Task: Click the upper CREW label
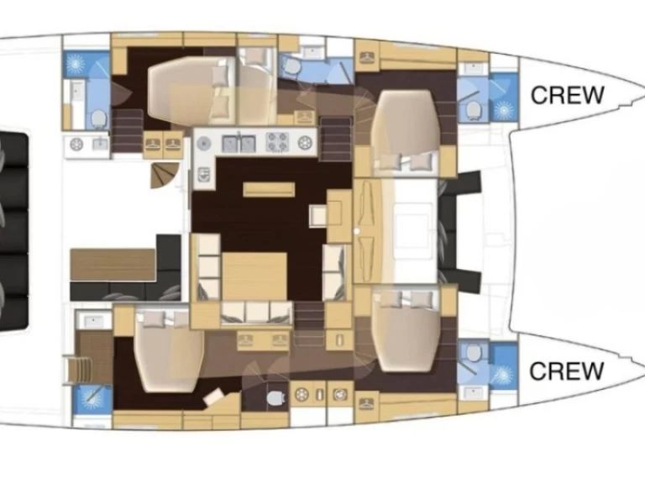point(567,95)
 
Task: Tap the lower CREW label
point(566,371)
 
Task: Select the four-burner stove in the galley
point(277,142)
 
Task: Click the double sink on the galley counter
point(239,144)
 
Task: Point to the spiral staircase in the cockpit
point(164,176)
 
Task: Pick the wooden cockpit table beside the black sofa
point(113,265)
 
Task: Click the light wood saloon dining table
point(254,276)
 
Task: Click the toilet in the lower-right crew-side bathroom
point(474,353)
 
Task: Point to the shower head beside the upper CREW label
point(503,110)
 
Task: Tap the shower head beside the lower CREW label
point(503,375)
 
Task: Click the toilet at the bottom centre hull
point(275,397)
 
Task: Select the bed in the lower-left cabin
point(169,350)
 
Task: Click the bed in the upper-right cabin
point(405,131)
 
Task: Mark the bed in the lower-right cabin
point(405,330)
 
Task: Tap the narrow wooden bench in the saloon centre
point(269,189)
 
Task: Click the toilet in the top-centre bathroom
point(292,66)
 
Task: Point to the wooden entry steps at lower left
point(78,370)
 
